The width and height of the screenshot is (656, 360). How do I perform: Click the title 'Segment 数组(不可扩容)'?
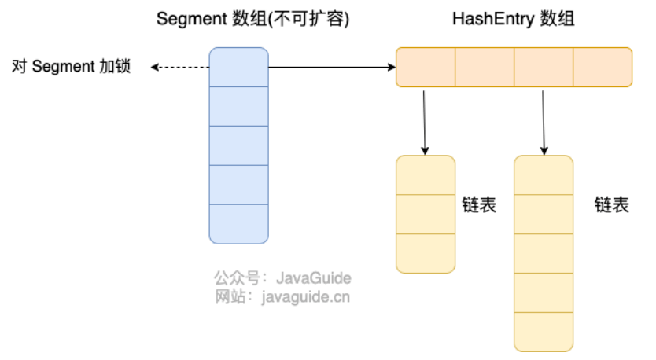click(252, 19)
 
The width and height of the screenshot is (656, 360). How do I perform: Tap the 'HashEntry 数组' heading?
click(514, 19)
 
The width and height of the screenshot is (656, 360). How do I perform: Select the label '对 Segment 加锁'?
click(71, 67)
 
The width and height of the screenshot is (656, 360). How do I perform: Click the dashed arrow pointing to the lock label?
click(180, 67)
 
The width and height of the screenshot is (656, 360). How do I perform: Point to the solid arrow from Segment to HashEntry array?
click(332, 67)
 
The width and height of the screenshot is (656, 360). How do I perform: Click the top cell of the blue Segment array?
click(239, 67)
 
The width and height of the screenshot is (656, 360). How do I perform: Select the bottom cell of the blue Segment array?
click(239, 224)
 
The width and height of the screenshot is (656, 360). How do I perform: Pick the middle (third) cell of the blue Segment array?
click(239, 145)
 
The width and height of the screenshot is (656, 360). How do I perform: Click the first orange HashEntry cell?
click(426, 67)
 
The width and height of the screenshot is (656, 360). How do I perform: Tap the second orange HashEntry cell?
click(485, 67)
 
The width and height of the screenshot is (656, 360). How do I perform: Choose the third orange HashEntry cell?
click(544, 67)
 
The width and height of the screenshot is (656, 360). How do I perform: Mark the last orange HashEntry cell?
click(603, 67)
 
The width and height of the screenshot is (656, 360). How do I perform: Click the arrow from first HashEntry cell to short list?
click(425, 123)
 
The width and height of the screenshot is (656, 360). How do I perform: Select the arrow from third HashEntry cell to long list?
click(544, 123)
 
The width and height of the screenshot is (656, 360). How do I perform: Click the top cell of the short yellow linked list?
click(426, 175)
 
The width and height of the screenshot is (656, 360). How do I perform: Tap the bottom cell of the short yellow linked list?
click(426, 253)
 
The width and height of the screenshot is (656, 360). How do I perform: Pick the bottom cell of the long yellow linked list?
click(544, 332)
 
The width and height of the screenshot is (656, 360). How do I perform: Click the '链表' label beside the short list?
click(479, 205)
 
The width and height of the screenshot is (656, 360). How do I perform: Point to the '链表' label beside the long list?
click(612, 205)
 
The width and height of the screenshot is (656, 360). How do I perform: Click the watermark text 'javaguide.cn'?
click(306, 297)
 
